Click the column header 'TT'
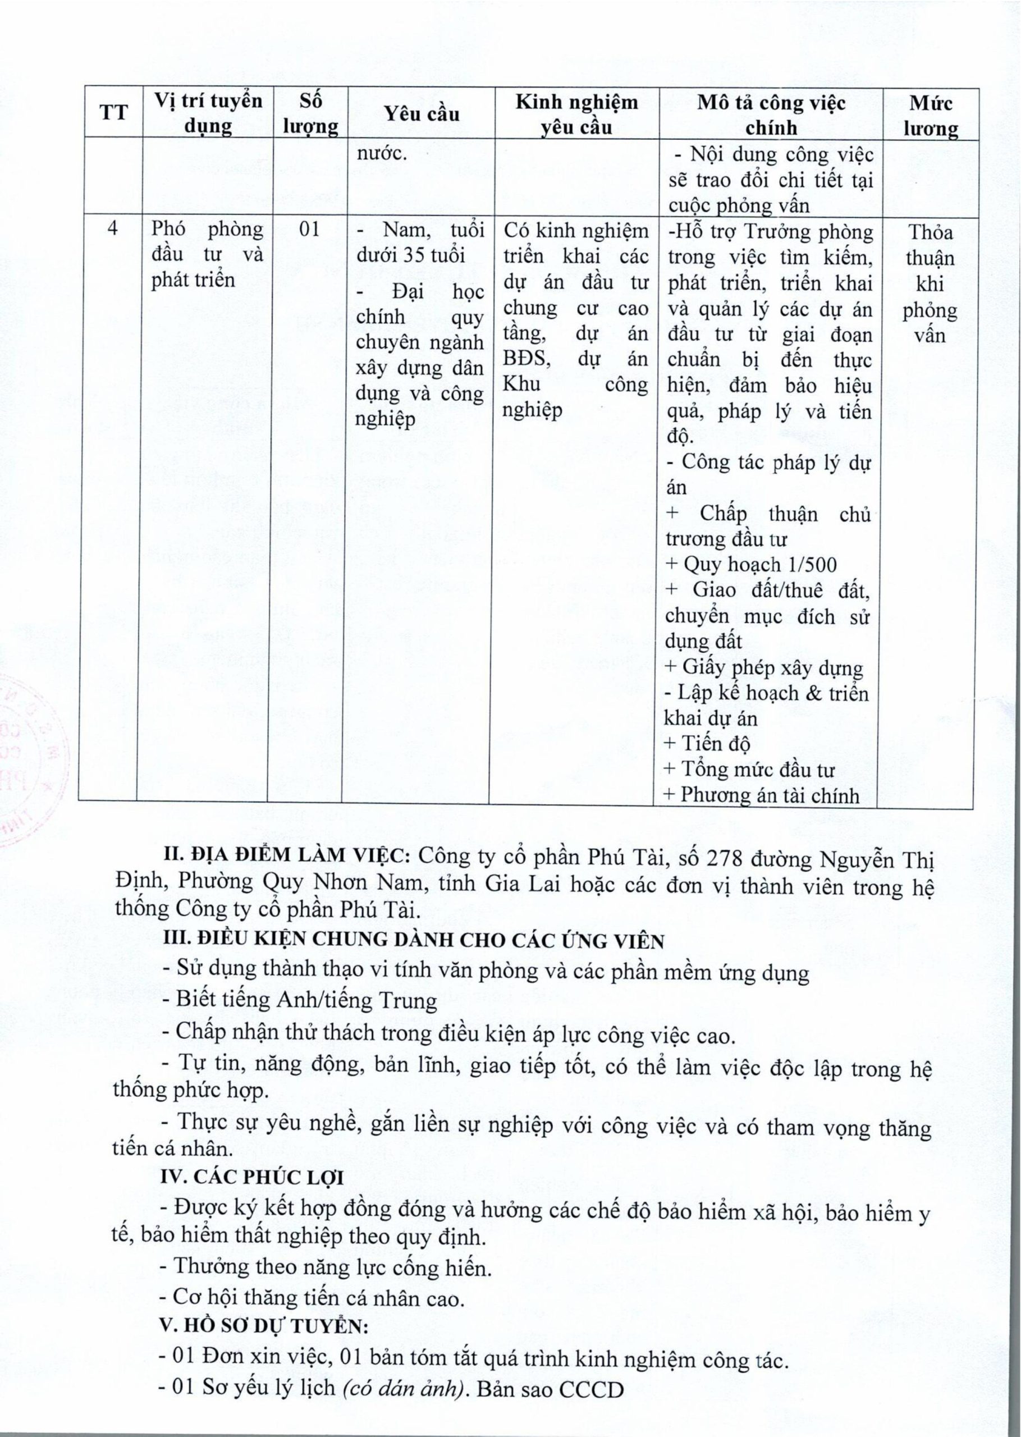point(114,114)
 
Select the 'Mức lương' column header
point(931,115)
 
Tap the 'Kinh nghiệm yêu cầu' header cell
point(576,115)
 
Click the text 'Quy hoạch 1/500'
point(759,565)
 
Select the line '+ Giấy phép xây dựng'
point(763,667)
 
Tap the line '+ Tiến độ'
point(707,744)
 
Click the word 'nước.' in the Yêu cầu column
point(382,154)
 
